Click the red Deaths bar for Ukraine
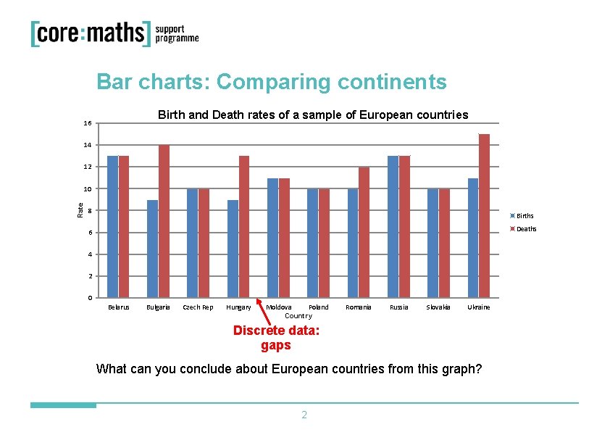[484, 216]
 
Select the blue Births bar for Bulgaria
[152, 249]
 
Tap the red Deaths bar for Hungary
[244, 227]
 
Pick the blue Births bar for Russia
[393, 227]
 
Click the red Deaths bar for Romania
[364, 233]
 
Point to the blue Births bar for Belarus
[112, 227]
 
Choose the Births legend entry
[522, 216]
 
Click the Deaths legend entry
[523, 229]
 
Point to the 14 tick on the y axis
[88, 145]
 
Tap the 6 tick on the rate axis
[90, 233]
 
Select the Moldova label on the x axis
[278, 307]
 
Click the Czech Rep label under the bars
[198, 307]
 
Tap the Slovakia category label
[438, 307]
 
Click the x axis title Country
[298, 315]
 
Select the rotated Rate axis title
[80, 210]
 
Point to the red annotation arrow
[264, 312]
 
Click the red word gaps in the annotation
[276, 346]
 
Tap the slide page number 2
[304, 415]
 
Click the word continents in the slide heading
[392, 82]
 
